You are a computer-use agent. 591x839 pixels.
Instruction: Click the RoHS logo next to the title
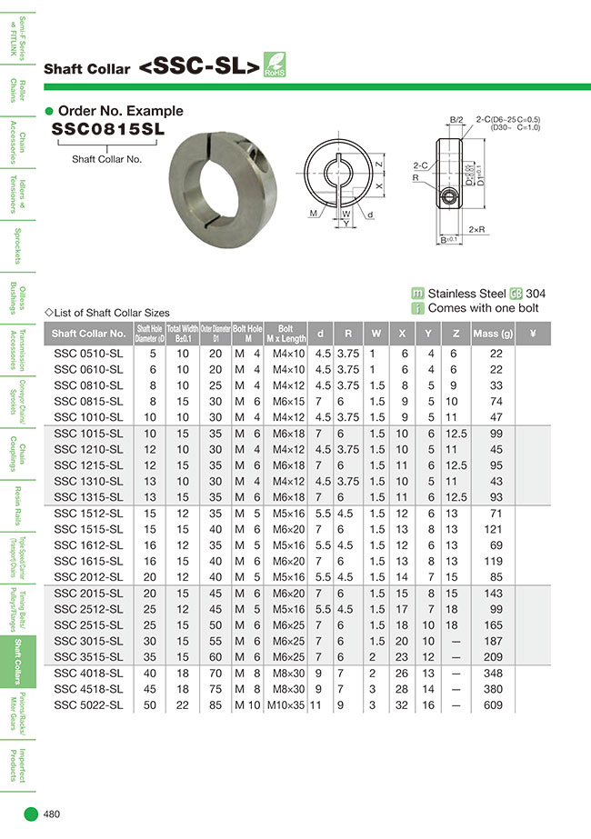[x=275, y=65]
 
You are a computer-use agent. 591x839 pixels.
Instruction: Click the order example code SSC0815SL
[x=108, y=129]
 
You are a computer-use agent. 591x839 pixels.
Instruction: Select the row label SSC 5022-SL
[x=88, y=704]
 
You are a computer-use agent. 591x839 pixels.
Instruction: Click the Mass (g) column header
[x=493, y=334]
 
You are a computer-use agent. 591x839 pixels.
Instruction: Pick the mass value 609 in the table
[x=496, y=704]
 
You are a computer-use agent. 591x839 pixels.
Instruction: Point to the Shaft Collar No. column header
[x=89, y=334]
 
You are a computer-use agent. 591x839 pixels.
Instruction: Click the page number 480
[x=52, y=814]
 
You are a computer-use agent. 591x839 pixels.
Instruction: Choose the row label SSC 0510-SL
[x=88, y=353]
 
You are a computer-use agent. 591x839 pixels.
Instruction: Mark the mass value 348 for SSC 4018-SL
[x=496, y=674]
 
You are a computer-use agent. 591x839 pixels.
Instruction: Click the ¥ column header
[x=533, y=334]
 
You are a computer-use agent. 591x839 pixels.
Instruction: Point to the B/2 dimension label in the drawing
[x=456, y=120]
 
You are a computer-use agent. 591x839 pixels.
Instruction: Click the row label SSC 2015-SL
[x=88, y=593]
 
